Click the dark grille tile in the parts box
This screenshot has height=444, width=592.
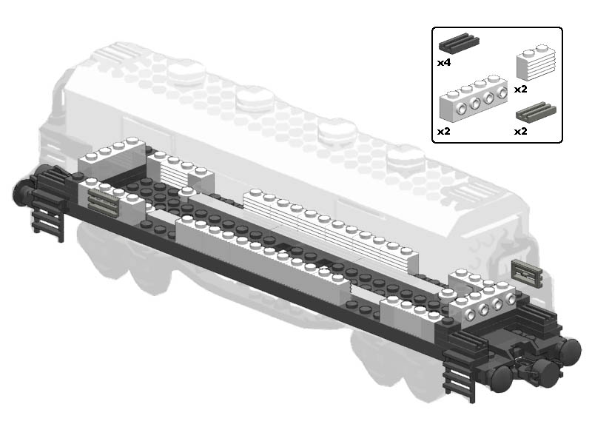pyautogui.click(x=459, y=43)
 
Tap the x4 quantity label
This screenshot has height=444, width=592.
pyautogui.click(x=444, y=63)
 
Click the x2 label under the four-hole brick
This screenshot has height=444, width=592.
pyautogui.click(x=444, y=132)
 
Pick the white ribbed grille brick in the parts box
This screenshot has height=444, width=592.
pyautogui.click(x=536, y=63)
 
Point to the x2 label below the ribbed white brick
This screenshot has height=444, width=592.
pyautogui.click(x=521, y=89)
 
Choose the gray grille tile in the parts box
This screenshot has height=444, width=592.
pyautogui.click(x=536, y=111)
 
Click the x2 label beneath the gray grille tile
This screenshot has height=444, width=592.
pyautogui.click(x=521, y=132)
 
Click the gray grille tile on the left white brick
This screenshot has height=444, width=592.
pyautogui.click(x=104, y=201)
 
